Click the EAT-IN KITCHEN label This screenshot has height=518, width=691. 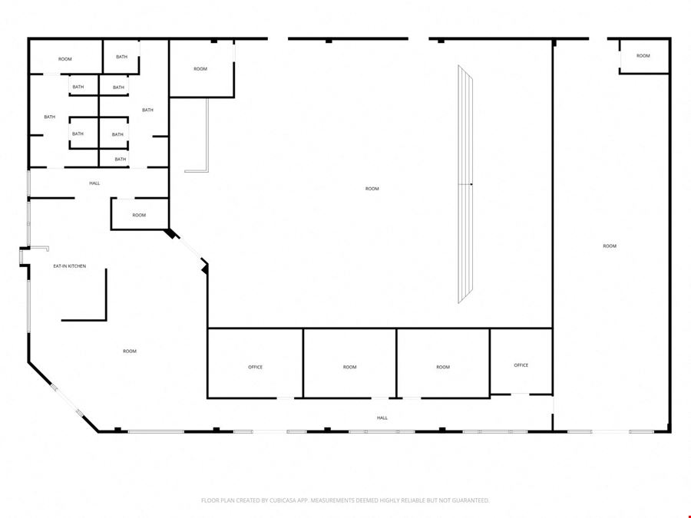70,266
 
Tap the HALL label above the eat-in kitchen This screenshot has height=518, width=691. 94,183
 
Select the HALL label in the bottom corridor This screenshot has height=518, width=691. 382,418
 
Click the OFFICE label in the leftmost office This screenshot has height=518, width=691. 255,367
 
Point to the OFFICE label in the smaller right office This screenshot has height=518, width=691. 521,365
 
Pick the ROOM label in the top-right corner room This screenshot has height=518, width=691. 643,56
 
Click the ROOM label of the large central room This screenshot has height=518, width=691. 372,189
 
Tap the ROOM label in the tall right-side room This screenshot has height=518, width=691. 610,246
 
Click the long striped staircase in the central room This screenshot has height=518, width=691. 465,184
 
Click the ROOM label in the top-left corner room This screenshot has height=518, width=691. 64,59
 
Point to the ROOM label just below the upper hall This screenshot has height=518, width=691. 139,216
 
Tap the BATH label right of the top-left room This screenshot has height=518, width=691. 121,57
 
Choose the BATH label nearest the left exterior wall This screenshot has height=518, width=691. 49,117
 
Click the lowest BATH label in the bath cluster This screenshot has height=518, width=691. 121,160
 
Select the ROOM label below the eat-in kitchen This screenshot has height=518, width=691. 130,351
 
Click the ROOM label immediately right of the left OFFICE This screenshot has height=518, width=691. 349,367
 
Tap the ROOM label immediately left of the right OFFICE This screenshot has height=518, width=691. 443,367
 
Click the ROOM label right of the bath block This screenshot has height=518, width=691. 200,69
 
